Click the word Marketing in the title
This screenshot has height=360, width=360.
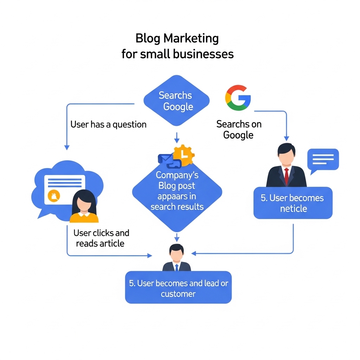coord(191,38)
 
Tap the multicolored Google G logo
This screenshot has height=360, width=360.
coord(238,98)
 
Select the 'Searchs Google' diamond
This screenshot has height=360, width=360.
coord(176,101)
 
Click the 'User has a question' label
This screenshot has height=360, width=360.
coord(108,124)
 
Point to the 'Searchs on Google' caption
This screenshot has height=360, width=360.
coord(239,129)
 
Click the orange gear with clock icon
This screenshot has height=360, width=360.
coord(184,155)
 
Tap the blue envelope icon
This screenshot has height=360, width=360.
coord(165,159)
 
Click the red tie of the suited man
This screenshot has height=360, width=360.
coord(287,176)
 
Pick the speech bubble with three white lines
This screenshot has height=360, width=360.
coord(323,161)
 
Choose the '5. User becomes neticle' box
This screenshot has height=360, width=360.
coord(293,203)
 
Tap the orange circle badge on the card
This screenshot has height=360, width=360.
coord(54,196)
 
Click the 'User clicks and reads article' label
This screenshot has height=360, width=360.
coord(101,238)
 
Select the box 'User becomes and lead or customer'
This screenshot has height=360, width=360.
coord(178,288)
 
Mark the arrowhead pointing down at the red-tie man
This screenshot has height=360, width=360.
coord(287,138)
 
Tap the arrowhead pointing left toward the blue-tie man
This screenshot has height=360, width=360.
coord(194,253)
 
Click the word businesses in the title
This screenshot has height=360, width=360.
coord(203,54)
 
